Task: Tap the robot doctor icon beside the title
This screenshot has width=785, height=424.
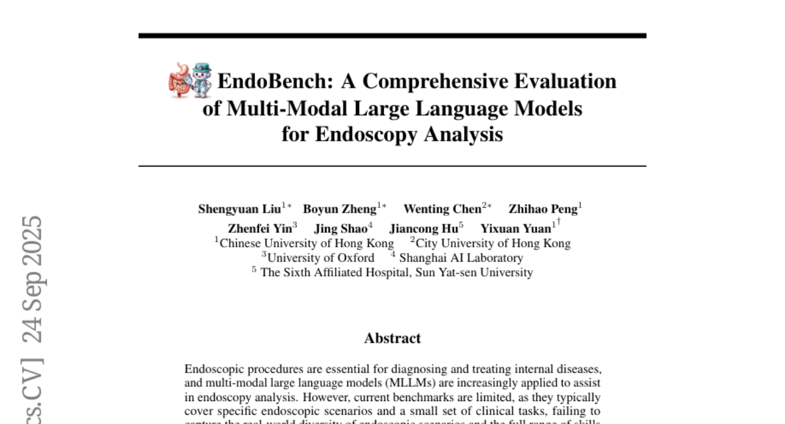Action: coord(201,80)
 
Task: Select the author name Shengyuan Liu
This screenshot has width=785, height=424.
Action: coord(239,209)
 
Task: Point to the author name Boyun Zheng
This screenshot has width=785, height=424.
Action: coord(339,209)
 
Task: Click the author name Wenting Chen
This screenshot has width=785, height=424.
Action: coord(442,209)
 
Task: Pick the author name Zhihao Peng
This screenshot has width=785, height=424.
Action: coord(543,209)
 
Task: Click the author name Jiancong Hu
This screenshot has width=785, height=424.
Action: coord(423,228)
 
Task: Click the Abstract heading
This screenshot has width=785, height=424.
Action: coord(392,338)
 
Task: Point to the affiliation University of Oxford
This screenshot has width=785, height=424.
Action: coord(321,258)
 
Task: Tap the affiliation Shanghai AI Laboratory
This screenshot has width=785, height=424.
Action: coord(461,258)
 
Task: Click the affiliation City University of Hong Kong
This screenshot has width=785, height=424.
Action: coord(493,243)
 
